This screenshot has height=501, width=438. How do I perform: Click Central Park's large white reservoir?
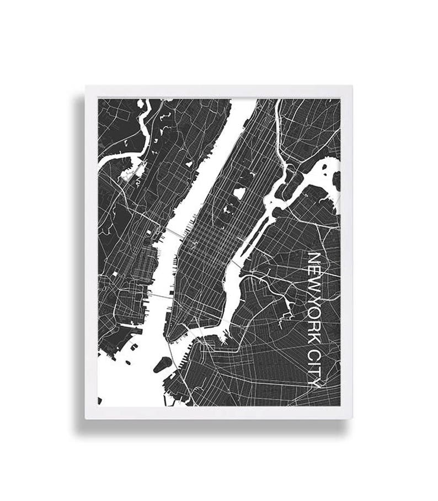coord(239,193)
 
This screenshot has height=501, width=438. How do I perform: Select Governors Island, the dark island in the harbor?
coord(162,365)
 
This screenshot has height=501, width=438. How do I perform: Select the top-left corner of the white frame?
coord(86,86)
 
